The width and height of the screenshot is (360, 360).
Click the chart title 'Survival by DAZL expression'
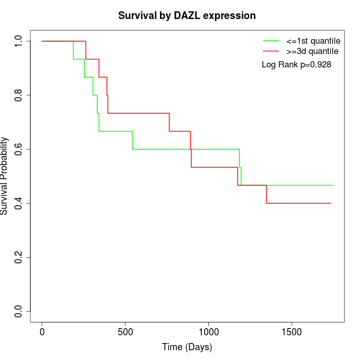(x=187, y=15)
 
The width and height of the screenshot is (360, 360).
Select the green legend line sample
(x=271, y=41)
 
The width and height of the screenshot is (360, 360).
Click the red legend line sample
(x=271, y=51)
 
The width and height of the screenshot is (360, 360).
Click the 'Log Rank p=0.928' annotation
(x=296, y=64)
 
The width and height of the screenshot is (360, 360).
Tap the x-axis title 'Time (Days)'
(x=187, y=347)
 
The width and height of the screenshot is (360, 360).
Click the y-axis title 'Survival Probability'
(x=5, y=176)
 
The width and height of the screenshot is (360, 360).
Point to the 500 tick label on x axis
(x=125, y=331)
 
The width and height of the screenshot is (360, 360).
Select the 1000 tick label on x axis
(x=209, y=331)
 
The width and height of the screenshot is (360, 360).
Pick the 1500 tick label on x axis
(x=292, y=331)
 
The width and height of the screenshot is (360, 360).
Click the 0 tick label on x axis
(x=42, y=331)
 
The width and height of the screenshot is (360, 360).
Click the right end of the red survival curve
(x=330, y=203)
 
